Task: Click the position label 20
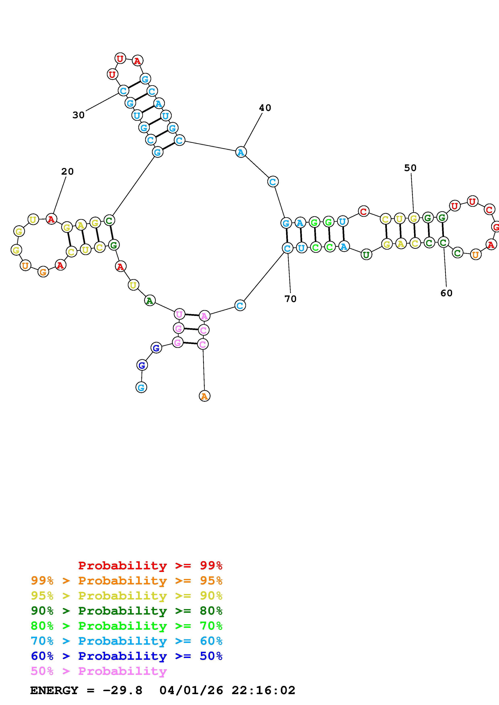(67, 171)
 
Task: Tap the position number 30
(78, 115)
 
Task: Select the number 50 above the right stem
(410, 168)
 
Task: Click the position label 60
(446, 293)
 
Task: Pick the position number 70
(290, 299)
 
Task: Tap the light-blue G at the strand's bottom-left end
(141, 387)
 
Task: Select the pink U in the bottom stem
(179, 314)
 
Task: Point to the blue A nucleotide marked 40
(241, 152)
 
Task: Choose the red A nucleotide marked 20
(51, 219)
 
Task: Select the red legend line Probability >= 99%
(150, 566)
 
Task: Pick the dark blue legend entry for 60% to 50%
(126, 656)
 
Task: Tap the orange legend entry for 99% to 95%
(126, 581)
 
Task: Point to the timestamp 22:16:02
(263, 691)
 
